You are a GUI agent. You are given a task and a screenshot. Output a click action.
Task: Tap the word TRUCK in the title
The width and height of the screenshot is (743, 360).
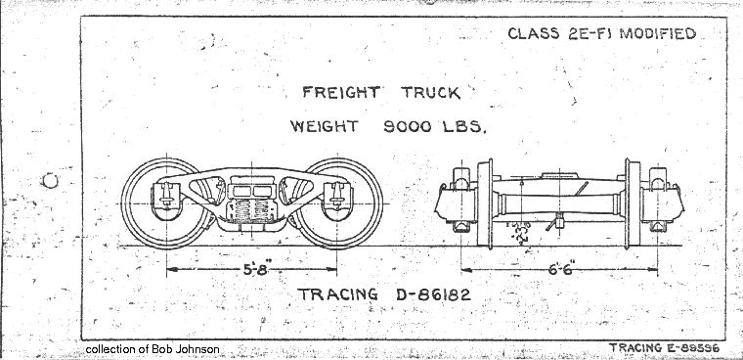click(424, 95)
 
